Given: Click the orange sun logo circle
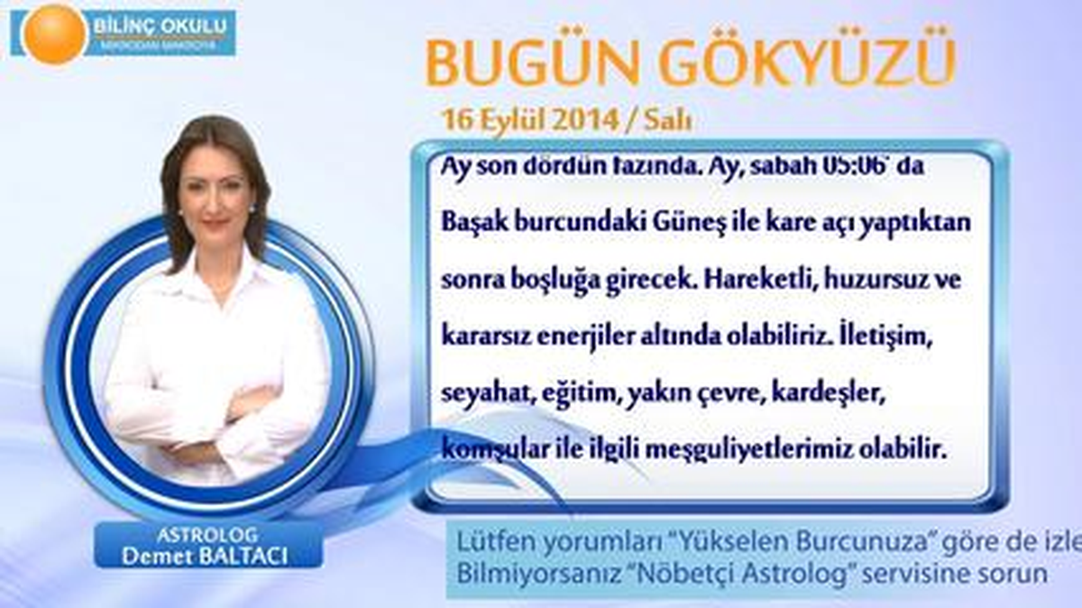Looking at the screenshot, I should [x=54, y=33].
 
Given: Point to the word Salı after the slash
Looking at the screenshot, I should [x=669, y=120].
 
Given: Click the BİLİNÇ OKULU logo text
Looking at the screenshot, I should [x=160, y=23].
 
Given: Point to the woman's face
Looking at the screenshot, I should [x=215, y=194].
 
